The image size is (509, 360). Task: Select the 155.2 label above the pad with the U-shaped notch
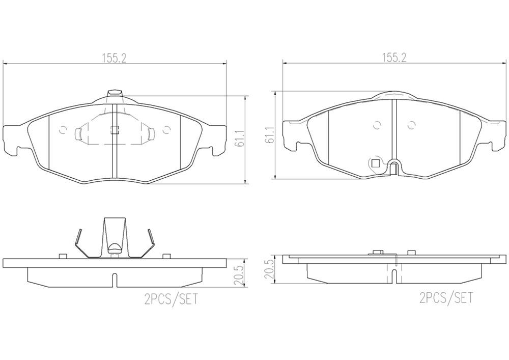(x=394, y=58)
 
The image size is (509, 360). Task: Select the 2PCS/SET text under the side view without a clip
(x=446, y=297)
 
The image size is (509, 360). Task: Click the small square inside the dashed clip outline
(x=115, y=129)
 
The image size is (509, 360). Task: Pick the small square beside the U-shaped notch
(x=376, y=163)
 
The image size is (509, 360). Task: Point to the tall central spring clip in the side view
(x=114, y=236)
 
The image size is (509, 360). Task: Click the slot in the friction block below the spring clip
(x=115, y=280)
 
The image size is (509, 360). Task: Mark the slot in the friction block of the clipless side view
(x=395, y=275)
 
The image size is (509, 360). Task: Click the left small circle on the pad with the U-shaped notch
(x=377, y=125)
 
